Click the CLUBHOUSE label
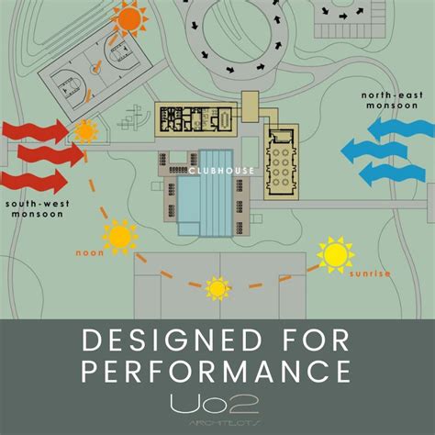click(x=221, y=171)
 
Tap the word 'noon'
click(x=90, y=253)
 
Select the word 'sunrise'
click(x=370, y=273)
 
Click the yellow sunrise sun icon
click(x=335, y=254)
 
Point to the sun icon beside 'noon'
click(x=120, y=237)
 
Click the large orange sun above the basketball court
click(x=129, y=19)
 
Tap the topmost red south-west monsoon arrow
click(x=35, y=132)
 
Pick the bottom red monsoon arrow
click(x=34, y=182)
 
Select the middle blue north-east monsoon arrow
click(x=374, y=151)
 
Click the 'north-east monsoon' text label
click(x=392, y=100)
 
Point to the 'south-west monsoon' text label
click(x=38, y=208)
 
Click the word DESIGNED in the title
click(x=173, y=340)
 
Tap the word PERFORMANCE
click(x=216, y=371)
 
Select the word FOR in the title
click(x=316, y=340)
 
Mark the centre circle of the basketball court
click(x=95, y=69)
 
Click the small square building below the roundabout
click(x=251, y=106)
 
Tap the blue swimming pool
click(x=206, y=194)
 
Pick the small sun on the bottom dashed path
click(x=217, y=288)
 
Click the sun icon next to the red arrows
click(x=86, y=131)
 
